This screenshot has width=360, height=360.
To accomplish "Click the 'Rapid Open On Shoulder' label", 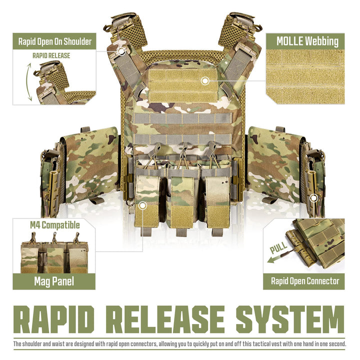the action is pos(55,41).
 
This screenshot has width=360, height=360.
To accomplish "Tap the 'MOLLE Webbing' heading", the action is pos(307,41).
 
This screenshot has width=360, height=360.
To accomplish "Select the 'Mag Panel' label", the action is pos(54,281).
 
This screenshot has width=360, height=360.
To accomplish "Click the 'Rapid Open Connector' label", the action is pos(305,281).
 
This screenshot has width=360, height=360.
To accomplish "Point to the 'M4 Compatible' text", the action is pos(55,225).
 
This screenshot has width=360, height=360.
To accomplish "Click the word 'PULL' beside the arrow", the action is pos(278,247).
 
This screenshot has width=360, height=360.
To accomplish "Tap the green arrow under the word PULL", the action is pos(277,258).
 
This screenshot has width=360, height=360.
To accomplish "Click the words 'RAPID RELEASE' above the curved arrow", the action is pos(51,55).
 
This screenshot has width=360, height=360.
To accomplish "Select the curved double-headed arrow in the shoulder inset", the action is pos(28,82).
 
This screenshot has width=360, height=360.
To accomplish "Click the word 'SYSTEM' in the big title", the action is pos(290,319).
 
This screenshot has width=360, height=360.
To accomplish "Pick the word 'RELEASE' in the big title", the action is pos(165,319).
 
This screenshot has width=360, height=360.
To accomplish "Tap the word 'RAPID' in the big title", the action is pos(54,319).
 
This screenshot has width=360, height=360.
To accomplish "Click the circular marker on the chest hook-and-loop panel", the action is pos(205,81).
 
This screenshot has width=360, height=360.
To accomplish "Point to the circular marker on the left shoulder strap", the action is pos(121,51).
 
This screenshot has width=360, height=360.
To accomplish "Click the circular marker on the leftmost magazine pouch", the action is pos(142,205).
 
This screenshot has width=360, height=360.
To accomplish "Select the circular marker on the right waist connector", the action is pos(313,198).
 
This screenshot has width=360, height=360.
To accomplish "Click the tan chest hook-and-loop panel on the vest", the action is pos(182,85).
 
